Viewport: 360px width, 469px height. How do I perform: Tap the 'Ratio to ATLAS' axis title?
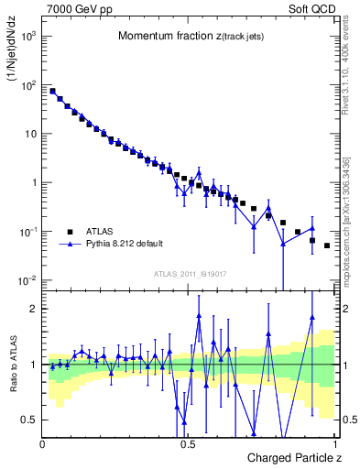[13, 367]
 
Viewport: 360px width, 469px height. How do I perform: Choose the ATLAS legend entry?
[100, 232]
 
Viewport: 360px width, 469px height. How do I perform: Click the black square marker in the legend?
[70, 232]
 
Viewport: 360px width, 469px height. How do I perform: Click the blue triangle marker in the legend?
[70, 245]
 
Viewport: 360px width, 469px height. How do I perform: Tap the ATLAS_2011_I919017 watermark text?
[190, 272]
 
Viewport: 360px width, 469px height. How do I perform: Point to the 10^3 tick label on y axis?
[28, 36]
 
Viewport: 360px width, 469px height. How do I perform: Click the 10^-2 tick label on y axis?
[28, 279]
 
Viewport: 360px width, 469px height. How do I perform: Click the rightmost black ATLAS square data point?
[327, 246]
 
